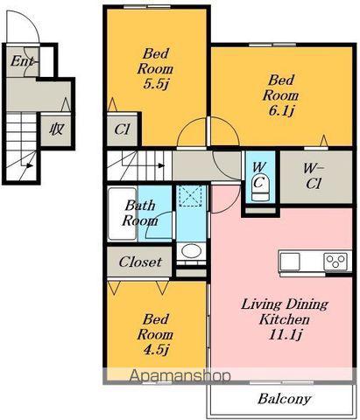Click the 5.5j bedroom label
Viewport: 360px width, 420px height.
point(156,84)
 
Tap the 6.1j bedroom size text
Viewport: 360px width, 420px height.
point(281,111)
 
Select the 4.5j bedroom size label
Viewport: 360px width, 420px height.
point(156,349)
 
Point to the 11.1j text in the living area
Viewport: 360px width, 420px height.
point(285,334)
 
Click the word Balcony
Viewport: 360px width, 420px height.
point(284,399)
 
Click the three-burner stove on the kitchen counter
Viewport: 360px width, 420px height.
point(335,262)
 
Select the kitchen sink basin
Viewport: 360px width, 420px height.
point(290,262)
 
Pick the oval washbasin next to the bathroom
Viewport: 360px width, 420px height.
point(191,251)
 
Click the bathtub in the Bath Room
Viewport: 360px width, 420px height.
point(123,214)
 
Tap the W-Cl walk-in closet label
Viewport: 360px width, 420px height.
point(314,177)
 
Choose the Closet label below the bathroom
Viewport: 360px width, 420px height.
point(140,262)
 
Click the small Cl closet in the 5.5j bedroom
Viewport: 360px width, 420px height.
point(122,129)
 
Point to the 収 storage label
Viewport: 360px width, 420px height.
point(56,129)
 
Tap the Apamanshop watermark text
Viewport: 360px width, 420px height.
point(180,375)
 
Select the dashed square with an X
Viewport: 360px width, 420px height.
point(190,196)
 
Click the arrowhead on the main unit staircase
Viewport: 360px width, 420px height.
point(161,165)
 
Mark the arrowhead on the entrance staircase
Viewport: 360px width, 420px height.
point(29,165)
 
